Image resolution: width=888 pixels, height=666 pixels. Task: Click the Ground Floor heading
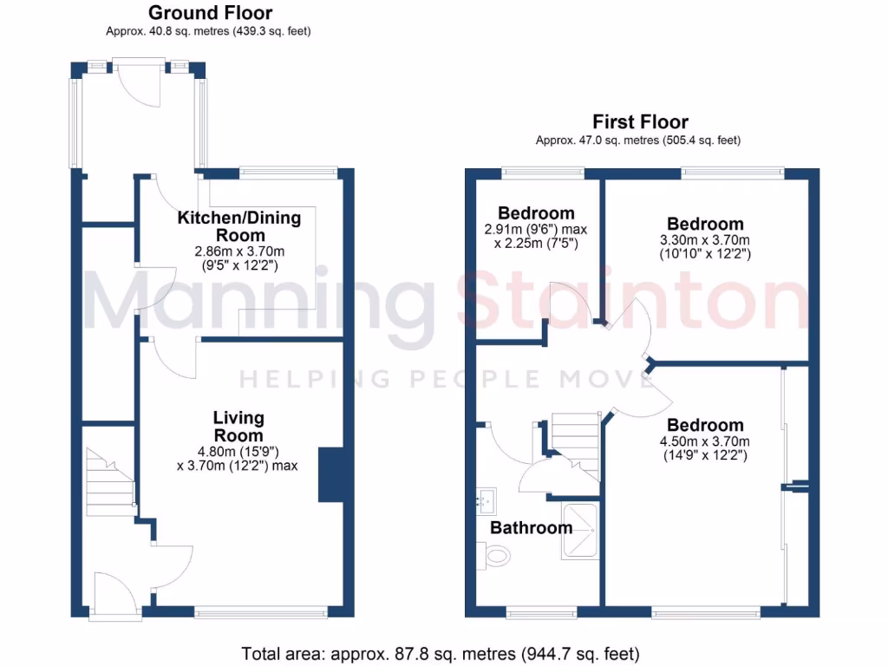(x=210, y=13)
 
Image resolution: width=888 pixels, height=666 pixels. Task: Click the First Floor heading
(x=640, y=121)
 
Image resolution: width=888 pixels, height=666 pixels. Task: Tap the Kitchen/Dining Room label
(x=239, y=225)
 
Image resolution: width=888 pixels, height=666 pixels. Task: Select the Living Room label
(x=238, y=427)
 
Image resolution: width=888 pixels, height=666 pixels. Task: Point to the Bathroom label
(x=531, y=527)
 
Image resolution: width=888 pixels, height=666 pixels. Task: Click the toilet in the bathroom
(x=495, y=555)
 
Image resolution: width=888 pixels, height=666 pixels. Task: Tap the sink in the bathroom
(x=485, y=500)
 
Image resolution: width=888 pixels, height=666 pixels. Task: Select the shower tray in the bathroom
(x=579, y=530)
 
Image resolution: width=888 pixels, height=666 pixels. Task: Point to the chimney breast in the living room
(x=330, y=474)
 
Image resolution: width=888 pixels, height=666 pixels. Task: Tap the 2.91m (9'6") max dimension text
(x=535, y=230)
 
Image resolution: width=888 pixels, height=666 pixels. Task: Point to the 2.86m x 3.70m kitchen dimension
(x=238, y=251)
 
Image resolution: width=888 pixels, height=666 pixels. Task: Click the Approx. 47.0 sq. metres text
(x=637, y=140)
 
